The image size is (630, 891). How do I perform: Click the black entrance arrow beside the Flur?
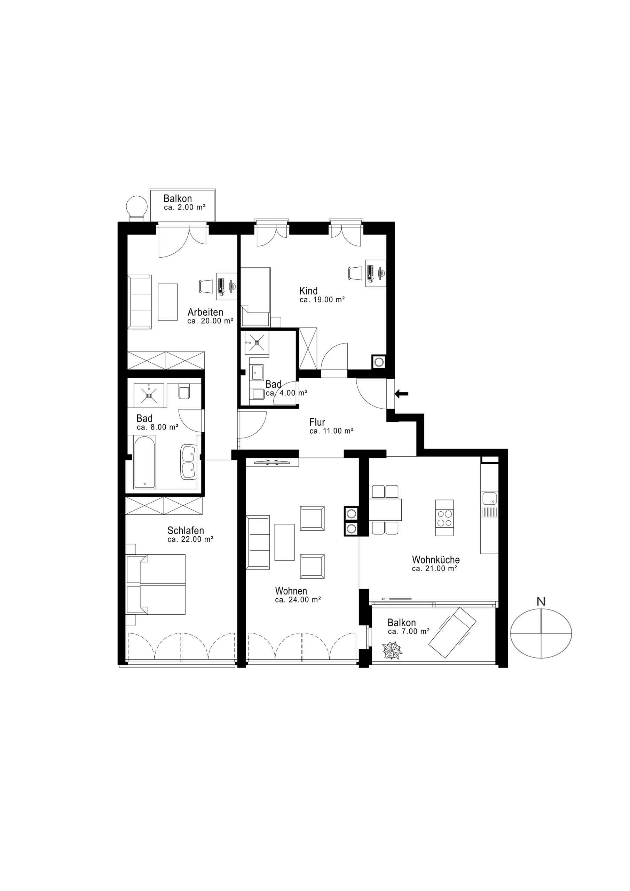click(x=401, y=394)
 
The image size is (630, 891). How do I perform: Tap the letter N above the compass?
click(x=541, y=602)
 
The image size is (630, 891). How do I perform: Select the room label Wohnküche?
click(x=435, y=560)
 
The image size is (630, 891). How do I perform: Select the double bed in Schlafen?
click(x=156, y=584)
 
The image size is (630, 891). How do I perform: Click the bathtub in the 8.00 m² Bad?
click(x=144, y=462)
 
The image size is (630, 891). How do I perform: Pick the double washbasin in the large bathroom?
click(x=189, y=462)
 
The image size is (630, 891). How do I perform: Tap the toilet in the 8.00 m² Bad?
click(x=184, y=392)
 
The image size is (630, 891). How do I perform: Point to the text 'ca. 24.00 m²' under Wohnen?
click(x=298, y=600)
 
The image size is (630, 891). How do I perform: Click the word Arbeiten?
click(x=205, y=312)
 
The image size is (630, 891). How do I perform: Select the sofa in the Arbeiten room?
click(x=140, y=302)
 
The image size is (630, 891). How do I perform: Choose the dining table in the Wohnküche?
click(x=385, y=510)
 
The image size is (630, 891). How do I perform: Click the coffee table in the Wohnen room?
click(x=284, y=543)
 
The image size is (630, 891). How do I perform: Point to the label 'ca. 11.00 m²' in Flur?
click(x=331, y=431)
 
